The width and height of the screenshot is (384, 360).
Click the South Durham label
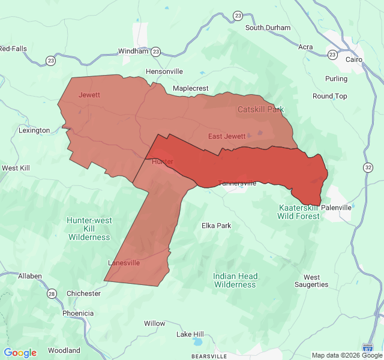268,28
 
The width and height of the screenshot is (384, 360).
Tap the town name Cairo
354,59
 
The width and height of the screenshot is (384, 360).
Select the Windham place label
133,51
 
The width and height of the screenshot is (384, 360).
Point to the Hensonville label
164,71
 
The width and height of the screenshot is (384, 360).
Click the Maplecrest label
190,88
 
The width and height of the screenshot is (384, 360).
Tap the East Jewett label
227,136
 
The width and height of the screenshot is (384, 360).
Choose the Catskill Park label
260,109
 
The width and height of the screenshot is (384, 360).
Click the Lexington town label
34,130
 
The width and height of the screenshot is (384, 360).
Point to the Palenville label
336,208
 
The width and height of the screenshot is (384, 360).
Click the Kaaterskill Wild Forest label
298,212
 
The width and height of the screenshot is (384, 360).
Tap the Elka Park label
216,226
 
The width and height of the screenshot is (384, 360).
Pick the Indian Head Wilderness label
235,280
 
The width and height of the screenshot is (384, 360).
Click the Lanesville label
124,263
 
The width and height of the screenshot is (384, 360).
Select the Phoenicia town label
78,313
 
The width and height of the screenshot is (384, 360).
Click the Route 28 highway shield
52,293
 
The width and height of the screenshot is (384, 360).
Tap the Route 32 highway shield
368,167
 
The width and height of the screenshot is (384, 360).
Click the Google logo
20,353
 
